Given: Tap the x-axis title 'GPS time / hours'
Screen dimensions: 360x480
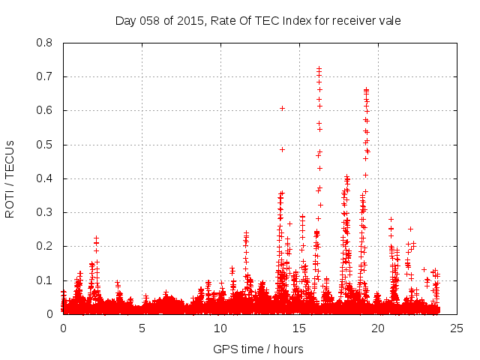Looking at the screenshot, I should [259, 349].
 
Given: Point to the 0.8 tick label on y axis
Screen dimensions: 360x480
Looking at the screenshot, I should [44, 43].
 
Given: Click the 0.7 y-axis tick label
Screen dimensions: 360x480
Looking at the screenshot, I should [44, 76].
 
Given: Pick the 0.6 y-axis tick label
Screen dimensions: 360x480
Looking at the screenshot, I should [44, 110].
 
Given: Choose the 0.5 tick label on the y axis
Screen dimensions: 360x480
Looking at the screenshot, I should [44, 145].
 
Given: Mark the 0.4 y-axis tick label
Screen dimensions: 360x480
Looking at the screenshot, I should [44, 178].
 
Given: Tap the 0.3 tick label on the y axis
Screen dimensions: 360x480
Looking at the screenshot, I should [44, 212].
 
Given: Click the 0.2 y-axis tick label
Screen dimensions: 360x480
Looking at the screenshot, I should [44, 246].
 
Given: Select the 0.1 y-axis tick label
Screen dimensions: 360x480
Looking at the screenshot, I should [44, 280].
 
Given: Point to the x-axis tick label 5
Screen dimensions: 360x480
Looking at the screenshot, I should [142, 328].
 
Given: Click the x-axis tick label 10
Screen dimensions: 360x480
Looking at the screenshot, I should [220, 328].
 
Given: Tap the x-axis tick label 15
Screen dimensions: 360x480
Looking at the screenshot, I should [299, 328].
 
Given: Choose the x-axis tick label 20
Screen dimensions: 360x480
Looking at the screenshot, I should [378, 328].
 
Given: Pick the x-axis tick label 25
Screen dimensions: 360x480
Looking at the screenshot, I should [457, 328].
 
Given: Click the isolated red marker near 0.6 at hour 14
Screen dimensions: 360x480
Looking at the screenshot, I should [282, 108].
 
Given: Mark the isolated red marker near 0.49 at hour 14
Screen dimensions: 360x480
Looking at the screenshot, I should [282, 149].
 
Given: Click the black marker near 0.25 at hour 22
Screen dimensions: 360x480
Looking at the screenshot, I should [410, 229].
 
